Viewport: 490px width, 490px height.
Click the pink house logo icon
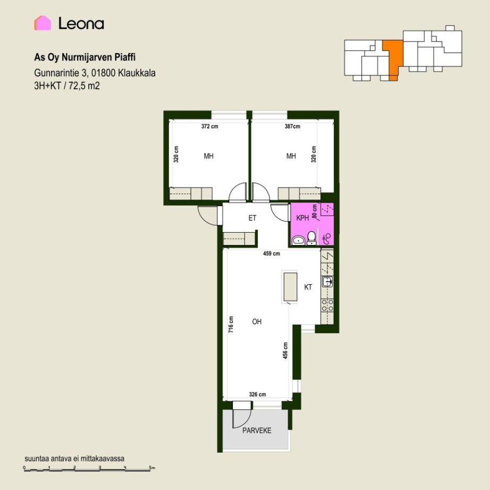43,23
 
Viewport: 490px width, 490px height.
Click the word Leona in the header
81,23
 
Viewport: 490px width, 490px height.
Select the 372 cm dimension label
210,126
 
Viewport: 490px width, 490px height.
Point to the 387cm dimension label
292,126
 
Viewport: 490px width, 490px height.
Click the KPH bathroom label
302,218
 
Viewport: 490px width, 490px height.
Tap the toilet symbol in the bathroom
311,238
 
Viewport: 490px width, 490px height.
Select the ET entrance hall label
252,218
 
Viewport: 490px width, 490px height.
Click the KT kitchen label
308,287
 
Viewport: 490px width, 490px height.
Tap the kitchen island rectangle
290,286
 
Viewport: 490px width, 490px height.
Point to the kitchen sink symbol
327,282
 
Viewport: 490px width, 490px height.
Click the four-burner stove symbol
327,305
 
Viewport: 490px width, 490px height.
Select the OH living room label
257,321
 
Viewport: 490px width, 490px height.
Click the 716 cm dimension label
231,324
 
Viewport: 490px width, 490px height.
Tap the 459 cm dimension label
272,254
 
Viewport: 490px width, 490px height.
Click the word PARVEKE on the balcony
257,430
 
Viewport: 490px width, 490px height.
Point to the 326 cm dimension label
258,394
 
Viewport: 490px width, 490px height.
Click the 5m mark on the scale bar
152,468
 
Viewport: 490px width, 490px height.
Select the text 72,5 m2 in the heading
84,86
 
